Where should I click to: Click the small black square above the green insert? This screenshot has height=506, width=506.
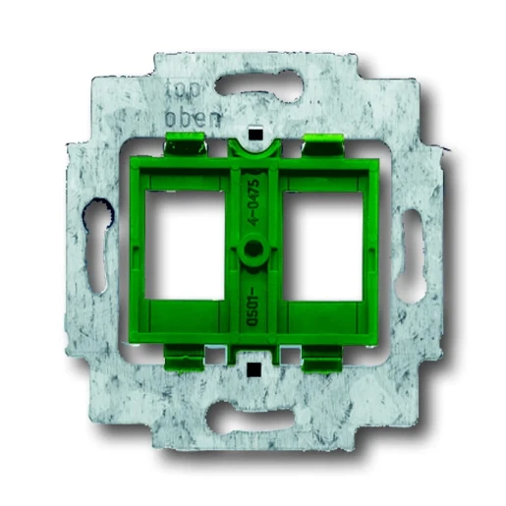pyautogui.click(x=253, y=131)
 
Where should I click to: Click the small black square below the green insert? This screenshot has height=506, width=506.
pyautogui.click(x=253, y=370)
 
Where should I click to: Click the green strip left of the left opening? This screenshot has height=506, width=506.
pyautogui.click(x=135, y=251)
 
